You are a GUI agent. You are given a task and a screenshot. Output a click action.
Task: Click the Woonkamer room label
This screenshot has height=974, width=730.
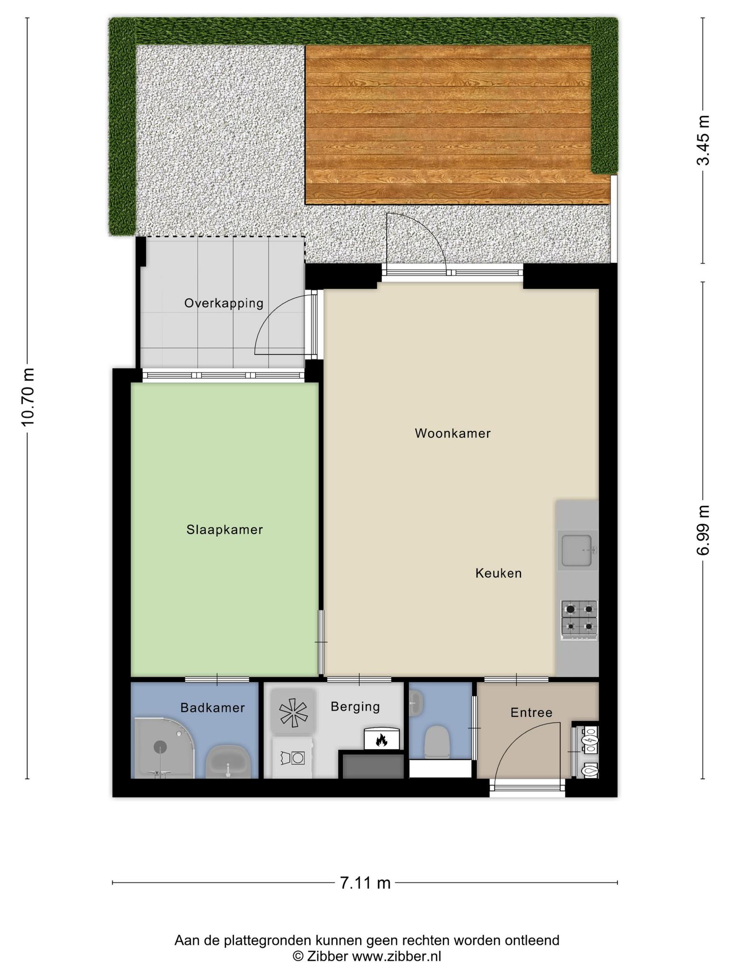pyautogui.click(x=452, y=433)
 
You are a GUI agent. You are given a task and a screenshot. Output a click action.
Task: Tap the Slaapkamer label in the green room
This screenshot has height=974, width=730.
pyautogui.click(x=225, y=530)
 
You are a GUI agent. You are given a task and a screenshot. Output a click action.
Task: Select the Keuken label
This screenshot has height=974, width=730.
pyautogui.click(x=499, y=573)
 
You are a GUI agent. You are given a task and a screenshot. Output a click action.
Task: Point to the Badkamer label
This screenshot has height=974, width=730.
pyautogui.click(x=212, y=708)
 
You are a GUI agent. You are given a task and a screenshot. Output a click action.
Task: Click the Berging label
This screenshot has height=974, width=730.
pyautogui.click(x=355, y=707)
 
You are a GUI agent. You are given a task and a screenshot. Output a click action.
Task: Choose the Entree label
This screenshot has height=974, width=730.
pyautogui.click(x=531, y=712)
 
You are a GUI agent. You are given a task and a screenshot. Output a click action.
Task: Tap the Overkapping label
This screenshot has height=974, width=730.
pyautogui.click(x=224, y=303)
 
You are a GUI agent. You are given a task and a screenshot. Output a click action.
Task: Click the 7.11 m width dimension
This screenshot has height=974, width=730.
pyautogui.click(x=365, y=883)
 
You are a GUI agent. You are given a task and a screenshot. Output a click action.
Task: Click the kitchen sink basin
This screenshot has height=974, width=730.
pyautogui.click(x=577, y=550)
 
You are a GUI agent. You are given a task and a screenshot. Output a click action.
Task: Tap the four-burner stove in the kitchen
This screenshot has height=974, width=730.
pyautogui.click(x=579, y=620)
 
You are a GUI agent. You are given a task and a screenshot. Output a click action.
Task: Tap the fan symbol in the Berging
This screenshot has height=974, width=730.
pyautogui.click(x=293, y=711)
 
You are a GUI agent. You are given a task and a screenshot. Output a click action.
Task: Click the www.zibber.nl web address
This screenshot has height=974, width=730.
pyautogui.click(x=396, y=956)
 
